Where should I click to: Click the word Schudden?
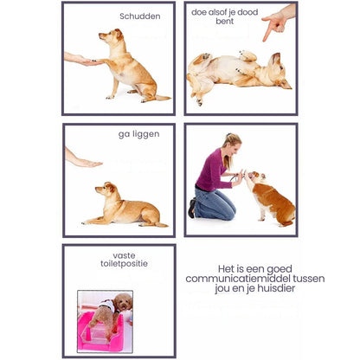point(140,16)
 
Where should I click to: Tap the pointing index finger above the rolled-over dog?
point(267,31)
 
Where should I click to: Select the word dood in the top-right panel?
point(247,12)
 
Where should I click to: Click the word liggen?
point(146,134)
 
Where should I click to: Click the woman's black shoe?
point(192,208)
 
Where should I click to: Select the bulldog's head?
point(257,177)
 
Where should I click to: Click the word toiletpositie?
point(124,263)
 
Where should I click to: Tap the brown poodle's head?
point(123,302)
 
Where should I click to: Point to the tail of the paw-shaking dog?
point(163,98)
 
